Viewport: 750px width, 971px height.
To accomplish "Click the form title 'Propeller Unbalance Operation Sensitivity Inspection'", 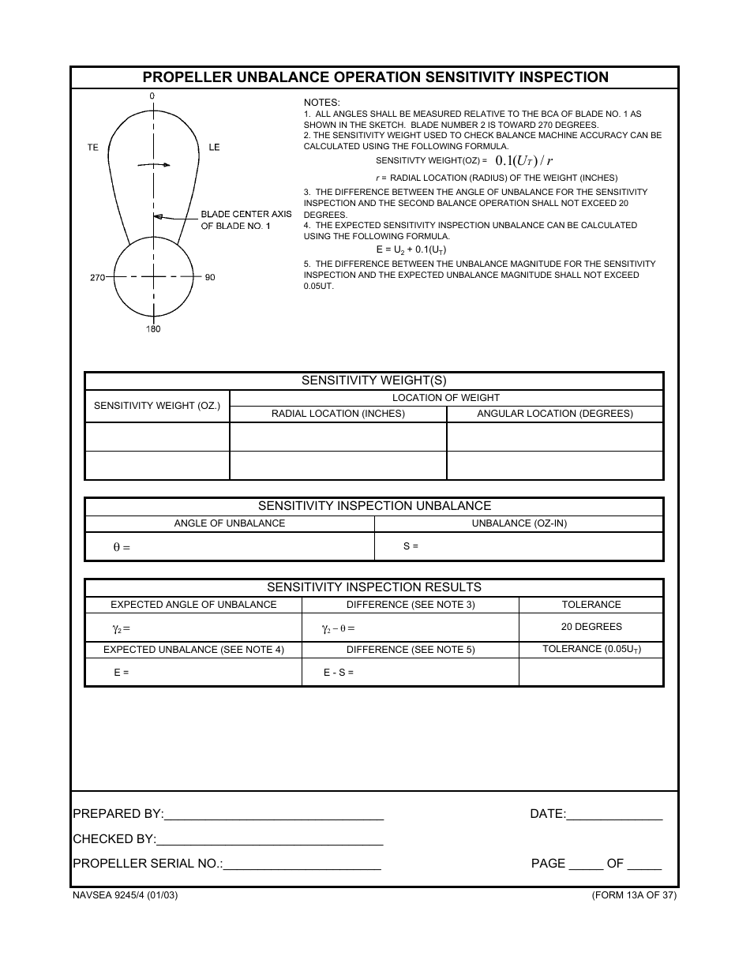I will pos(375,77).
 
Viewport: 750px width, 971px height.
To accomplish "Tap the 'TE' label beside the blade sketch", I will pos(93,148).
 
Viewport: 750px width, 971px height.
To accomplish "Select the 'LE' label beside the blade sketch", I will pos(214,148).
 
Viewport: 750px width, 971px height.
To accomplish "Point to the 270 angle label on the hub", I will pos(97,277).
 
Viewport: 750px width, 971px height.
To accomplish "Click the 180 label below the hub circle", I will pos(153,329).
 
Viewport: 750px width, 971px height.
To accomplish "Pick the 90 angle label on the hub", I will pos(210,277).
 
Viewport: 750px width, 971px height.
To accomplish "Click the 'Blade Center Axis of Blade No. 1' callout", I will pos(246,220).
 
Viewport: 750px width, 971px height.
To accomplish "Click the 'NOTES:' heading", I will pos(322,103).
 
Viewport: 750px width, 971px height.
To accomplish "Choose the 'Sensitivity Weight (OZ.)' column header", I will pos(157,406).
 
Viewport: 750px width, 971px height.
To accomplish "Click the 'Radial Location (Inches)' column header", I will pos(338,414).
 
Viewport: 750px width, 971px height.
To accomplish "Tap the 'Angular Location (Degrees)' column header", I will pos(555,414).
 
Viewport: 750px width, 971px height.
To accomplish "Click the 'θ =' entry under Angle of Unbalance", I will pos(122,547).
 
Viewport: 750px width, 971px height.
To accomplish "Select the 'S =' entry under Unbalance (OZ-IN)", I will pos(411,546).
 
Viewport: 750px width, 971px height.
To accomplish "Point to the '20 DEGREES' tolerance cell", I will pos(591,627).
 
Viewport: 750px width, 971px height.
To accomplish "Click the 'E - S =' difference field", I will pos(339,673).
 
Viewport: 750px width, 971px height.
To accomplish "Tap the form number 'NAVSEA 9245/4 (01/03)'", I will pos(125,895).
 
